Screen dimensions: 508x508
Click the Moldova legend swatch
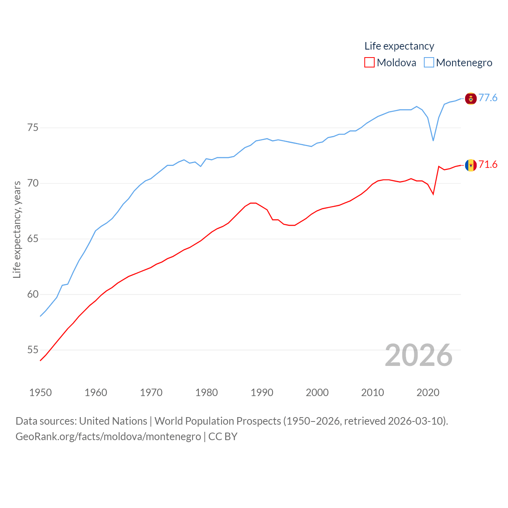(x=369, y=63)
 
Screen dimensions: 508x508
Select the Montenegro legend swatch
(x=429, y=63)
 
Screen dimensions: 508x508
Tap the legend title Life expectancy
(x=399, y=46)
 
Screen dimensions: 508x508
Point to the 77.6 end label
(x=488, y=98)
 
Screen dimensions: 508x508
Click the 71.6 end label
(x=488, y=164)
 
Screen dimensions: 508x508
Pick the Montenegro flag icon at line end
(x=471, y=98)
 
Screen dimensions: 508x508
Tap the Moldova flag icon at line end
(x=471, y=165)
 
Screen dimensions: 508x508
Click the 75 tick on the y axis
(x=33, y=128)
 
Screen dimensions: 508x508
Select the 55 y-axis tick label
(x=33, y=350)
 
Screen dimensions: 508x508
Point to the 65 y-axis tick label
(x=33, y=239)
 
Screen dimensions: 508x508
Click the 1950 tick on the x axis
(x=40, y=393)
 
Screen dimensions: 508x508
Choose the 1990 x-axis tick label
(x=262, y=393)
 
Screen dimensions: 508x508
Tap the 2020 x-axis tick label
(x=428, y=393)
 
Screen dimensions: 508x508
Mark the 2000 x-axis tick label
(x=317, y=393)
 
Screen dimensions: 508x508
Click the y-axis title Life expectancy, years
(x=17, y=229)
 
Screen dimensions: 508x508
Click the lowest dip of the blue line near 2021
(x=433, y=140)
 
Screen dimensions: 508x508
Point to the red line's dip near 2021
(x=433, y=194)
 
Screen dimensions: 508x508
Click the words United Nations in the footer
(x=113, y=421)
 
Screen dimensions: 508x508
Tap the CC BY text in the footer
(x=223, y=437)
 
